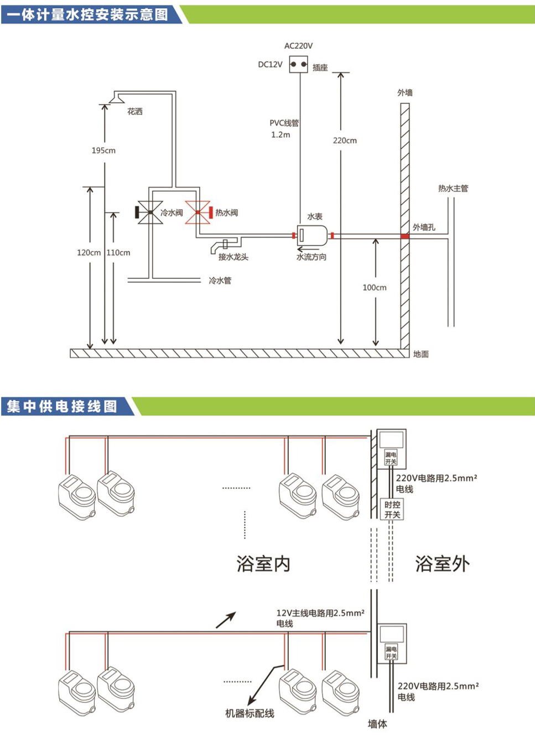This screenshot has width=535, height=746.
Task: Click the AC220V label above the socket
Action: point(298,46)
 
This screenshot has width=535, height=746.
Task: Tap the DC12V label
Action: point(270,64)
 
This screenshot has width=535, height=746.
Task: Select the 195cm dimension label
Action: point(103,151)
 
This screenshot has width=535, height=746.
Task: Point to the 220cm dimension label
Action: point(345,141)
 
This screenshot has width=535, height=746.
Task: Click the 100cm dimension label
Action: point(375,287)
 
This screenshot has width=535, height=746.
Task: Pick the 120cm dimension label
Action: point(89,252)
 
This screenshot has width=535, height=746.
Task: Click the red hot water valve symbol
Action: point(198,213)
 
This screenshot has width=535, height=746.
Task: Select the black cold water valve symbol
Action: point(149,213)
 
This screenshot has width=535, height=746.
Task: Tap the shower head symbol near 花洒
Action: point(117,99)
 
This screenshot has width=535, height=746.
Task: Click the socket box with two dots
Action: point(299,64)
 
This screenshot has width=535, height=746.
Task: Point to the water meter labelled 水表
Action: point(311,236)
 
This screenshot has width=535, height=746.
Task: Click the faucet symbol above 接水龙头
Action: point(224,244)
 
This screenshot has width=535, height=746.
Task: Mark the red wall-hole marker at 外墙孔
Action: point(405,236)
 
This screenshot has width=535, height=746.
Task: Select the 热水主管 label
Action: point(453,188)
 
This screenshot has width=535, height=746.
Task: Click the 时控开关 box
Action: point(392,510)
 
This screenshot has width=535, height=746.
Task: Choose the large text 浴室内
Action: point(263,564)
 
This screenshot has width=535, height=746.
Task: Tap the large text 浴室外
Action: point(442,564)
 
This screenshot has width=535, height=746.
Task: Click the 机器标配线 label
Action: point(250,713)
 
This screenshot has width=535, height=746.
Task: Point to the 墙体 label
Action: point(377,724)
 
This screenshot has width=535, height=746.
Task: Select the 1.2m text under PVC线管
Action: point(281,134)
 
